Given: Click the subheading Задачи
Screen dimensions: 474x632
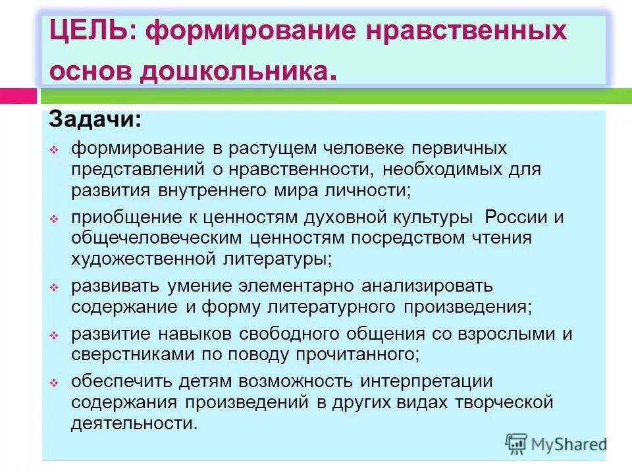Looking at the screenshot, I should coord(94,119).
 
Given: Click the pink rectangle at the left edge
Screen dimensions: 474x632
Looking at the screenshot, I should coord(18,95).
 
